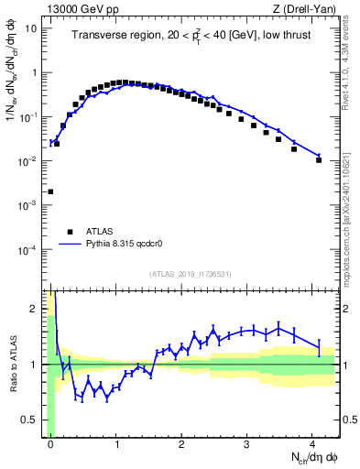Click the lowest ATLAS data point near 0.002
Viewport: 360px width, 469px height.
[x=50, y=192]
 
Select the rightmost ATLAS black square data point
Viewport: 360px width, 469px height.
[x=319, y=159]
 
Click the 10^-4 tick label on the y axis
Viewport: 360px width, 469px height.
[x=28, y=250]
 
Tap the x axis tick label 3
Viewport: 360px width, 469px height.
[x=247, y=444]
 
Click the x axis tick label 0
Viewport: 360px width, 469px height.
[x=50, y=444]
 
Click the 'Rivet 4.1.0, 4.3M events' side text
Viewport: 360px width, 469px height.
[x=350, y=60]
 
